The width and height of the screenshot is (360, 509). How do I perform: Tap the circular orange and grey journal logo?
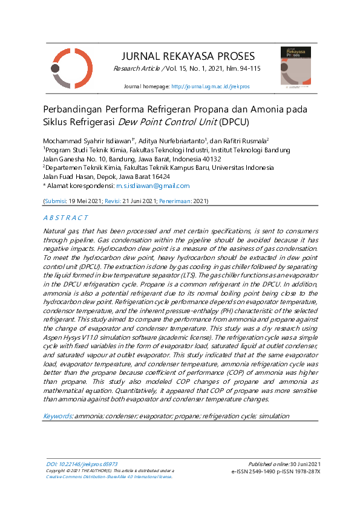(72, 68)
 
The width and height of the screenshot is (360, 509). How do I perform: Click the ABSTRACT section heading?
(66, 216)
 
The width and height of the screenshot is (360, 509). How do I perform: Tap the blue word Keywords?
(57, 417)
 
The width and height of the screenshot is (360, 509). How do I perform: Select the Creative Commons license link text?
(109, 476)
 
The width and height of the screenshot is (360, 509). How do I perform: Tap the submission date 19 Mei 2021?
(85, 200)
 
